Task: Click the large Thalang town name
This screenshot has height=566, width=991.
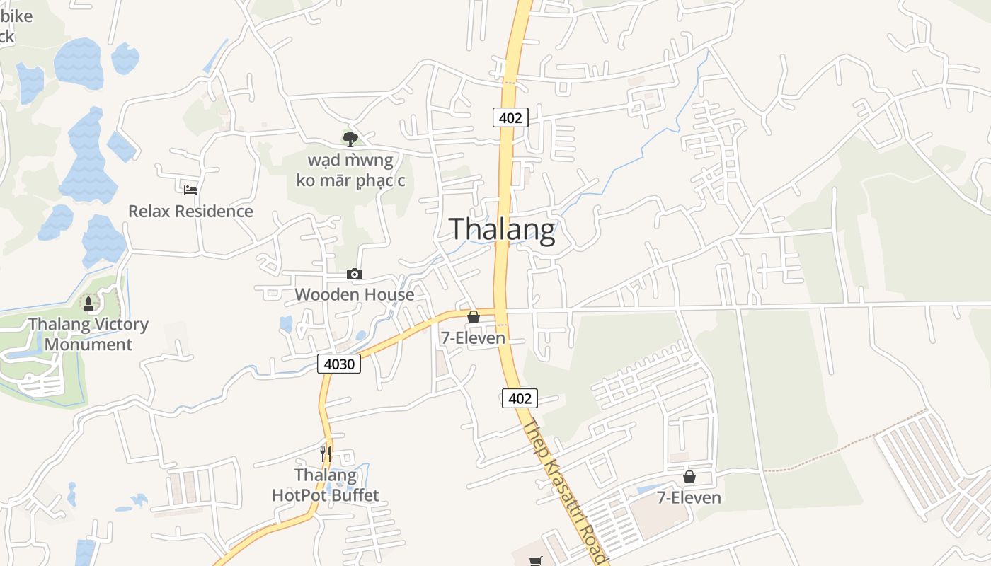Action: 502,230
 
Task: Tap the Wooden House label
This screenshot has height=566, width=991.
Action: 354,294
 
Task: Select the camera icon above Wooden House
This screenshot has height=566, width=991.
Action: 355,274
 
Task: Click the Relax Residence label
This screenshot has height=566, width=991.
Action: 190,211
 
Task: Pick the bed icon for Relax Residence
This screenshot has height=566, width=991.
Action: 190,190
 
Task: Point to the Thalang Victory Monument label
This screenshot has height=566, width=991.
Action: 88,335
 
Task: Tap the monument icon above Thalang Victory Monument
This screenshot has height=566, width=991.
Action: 88,304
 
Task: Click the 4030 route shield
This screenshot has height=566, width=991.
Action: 339,364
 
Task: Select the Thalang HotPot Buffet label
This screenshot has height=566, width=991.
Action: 326,485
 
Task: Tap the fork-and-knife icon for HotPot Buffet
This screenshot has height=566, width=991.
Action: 326,454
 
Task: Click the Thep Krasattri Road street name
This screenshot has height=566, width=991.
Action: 565,492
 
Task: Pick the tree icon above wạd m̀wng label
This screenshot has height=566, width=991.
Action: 350,139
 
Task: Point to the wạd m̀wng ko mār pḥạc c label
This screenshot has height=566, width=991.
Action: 350,170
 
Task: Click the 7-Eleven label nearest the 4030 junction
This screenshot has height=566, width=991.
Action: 473,338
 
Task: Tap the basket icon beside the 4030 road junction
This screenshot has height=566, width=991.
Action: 474,317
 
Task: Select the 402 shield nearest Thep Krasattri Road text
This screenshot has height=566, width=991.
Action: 520,398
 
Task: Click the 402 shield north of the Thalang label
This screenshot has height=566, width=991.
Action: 510,117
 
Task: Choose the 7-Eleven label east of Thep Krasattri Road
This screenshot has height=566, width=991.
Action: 689,497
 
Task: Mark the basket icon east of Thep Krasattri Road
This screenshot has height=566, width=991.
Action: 689,477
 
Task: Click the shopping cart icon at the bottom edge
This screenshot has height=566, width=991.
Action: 536,561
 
